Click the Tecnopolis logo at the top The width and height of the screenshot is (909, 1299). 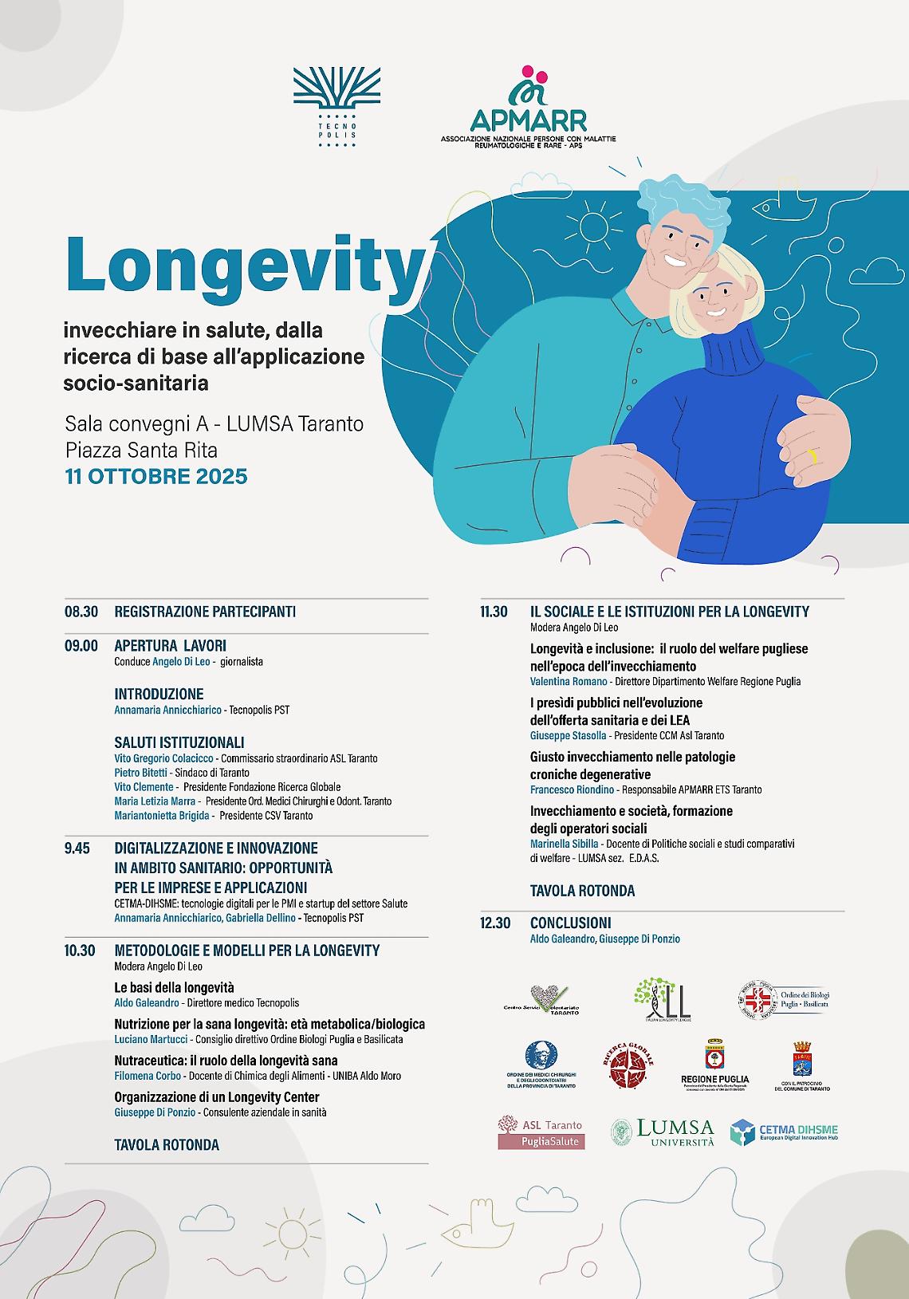pos(336,108)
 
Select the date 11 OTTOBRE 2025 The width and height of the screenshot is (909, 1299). pos(156,477)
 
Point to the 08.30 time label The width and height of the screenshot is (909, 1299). pos(81,612)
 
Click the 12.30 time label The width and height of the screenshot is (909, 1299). pos(495,923)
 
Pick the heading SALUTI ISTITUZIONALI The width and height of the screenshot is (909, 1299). pos(179,742)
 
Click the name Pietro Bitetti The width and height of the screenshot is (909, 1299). pos(141,772)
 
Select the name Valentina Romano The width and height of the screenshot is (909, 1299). pos(569,682)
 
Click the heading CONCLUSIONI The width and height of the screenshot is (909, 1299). pos(571,923)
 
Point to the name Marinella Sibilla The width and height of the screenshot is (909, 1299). pos(565,844)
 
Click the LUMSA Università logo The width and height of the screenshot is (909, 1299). pos(663,1132)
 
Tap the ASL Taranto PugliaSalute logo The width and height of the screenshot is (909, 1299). pos(541,1132)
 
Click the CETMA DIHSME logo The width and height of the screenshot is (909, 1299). pos(785,1132)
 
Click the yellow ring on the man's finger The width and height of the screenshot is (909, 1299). pos(813,458)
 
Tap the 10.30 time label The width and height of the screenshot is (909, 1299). pos(80,951)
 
